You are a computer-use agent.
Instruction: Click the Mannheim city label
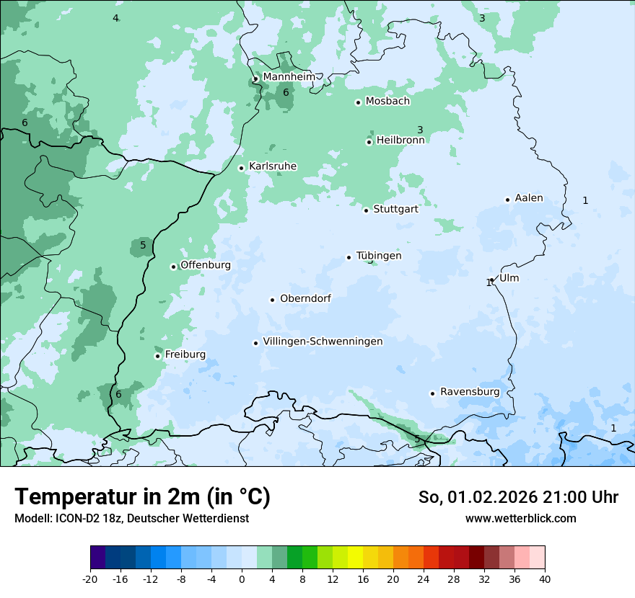pyautogui.click(x=289, y=76)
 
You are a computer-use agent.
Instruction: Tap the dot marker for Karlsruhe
pyautogui.click(x=242, y=168)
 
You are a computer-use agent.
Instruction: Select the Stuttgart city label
pyautogui.click(x=395, y=210)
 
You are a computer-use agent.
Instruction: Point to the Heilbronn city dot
pyautogui.click(x=369, y=142)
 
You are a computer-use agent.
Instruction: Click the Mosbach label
pyautogui.click(x=387, y=102)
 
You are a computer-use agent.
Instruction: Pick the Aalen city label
pyautogui.click(x=529, y=198)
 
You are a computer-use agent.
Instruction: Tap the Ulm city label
pyautogui.click(x=509, y=278)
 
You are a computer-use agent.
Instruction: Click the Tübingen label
pyautogui.click(x=379, y=256)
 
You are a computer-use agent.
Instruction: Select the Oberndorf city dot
pyautogui.click(x=272, y=300)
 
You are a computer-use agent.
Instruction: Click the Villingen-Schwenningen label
pyautogui.click(x=323, y=342)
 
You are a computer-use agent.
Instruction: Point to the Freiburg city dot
pyautogui.click(x=157, y=356)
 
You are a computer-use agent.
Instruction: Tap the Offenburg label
pyautogui.click(x=206, y=265)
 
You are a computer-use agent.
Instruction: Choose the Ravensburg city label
pyautogui.click(x=470, y=392)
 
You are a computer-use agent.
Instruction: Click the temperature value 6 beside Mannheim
pyautogui.click(x=286, y=92)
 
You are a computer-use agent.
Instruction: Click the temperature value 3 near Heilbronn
pyautogui.click(x=420, y=130)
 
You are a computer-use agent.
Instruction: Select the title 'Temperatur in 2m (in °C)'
pyautogui.click(x=142, y=497)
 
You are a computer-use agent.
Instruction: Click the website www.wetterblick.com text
pyautogui.click(x=520, y=518)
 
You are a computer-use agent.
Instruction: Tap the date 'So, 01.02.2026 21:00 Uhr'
pyautogui.click(x=518, y=497)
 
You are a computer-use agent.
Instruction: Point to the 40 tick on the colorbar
pyautogui.click(x=544, y=579)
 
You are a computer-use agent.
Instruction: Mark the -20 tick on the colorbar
pyautogui.click(x=90, y=579)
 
